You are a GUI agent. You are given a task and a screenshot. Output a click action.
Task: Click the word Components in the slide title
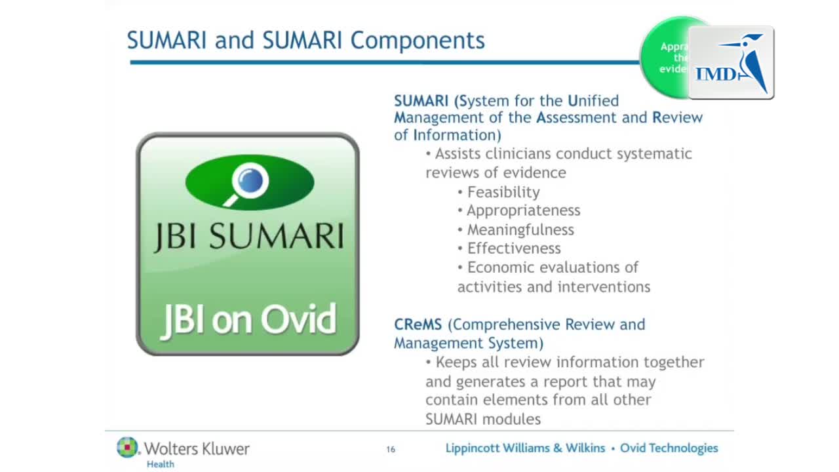pyautogui.click(x=418, y=41)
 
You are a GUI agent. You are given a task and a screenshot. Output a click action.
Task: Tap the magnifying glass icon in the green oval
pyautogui.click(x=249, y=182)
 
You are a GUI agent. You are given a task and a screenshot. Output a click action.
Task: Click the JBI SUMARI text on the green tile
pyautogui.click(x=248, y=237)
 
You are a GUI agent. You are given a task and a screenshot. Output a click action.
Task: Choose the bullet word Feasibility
pyautogui.click(x=503, y=192)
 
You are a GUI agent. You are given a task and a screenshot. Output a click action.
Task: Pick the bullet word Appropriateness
pyautogui.click(x=523, y=210)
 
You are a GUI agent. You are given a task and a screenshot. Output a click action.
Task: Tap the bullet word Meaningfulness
pyautogui.click(x=520, y=229)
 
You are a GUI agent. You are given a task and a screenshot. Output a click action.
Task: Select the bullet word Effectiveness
pyautogui.click(x=513, y=248)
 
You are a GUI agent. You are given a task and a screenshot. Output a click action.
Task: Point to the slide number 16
pyautogui.click(x=391, y=449)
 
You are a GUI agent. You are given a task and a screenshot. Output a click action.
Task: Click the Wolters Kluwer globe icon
pyautogui.click(x=128, y=447)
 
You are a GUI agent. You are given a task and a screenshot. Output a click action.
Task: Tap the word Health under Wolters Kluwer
pyautogui.click(x=161, y=464)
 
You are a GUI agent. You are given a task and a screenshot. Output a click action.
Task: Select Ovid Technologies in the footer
pyautogui.click(x=669, y=448)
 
